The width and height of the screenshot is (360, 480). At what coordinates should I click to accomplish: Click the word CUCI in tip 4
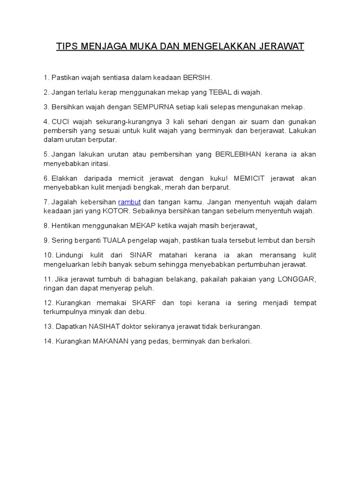[x=60, y=122]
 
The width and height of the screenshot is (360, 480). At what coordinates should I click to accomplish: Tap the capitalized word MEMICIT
[x=253, y=179]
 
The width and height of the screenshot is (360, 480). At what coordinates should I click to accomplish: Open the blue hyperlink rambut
[x=129, y=202]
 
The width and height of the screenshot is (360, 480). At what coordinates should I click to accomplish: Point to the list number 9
[x=46, y=240]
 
